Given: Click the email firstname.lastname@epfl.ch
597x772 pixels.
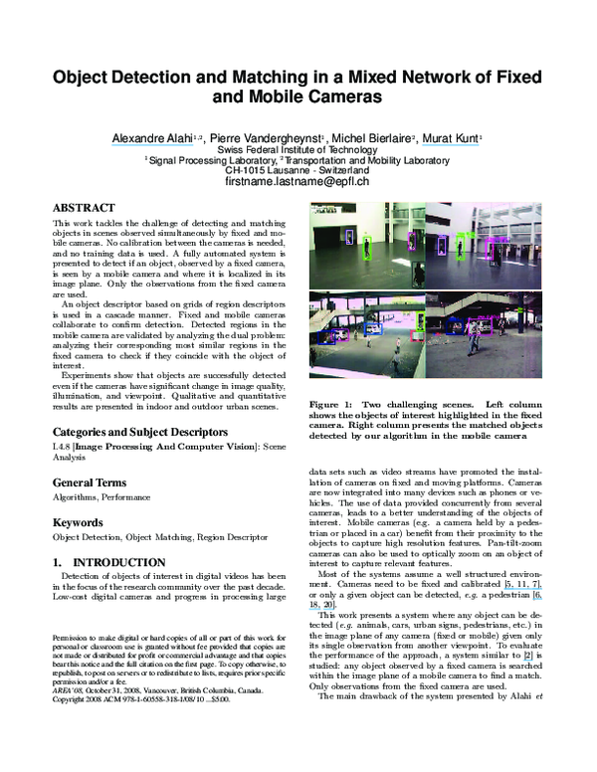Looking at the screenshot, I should tap(298, 183).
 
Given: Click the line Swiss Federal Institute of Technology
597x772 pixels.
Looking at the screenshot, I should tap(298, 149).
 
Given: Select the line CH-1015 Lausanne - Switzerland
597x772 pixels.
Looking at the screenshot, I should tap(298, 170).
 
